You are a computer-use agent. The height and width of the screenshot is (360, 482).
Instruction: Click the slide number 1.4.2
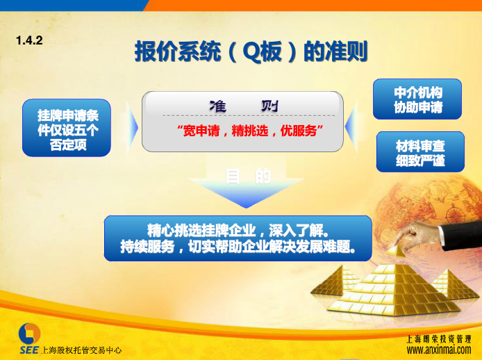(29, 40)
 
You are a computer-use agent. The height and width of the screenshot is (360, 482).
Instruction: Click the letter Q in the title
(251, 51)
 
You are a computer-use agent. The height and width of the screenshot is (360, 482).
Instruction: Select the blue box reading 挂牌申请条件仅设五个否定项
(67, 128)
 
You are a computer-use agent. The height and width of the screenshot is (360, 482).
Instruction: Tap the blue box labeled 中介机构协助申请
(417, 99)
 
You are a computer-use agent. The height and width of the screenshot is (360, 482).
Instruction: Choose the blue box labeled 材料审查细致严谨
(420, 152)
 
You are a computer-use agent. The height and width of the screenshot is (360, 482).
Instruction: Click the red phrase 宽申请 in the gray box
(201, 131)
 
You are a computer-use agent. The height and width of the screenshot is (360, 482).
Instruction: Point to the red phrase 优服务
(299, 131)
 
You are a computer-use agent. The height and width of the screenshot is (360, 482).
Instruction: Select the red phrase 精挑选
(250, 131)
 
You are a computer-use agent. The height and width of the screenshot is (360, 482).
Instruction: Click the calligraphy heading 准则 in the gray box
(244, 106)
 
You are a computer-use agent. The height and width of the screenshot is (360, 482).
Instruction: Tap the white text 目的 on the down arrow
(248, 176)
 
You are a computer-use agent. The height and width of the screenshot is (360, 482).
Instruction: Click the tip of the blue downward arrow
(246, 208)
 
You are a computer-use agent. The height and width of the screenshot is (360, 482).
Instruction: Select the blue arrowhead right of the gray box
(351, 126)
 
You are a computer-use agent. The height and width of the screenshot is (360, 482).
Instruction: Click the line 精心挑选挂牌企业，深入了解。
(238, 230)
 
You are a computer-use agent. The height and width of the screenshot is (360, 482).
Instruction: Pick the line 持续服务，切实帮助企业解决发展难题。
(238, 247)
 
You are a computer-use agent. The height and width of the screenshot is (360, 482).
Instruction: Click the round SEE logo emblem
(29, 334)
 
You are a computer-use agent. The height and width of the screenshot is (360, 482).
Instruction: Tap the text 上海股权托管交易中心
(81, 350)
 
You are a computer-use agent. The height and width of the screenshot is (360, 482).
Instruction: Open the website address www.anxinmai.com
(439, 350)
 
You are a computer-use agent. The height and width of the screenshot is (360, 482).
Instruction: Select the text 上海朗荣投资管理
(439, 339)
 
